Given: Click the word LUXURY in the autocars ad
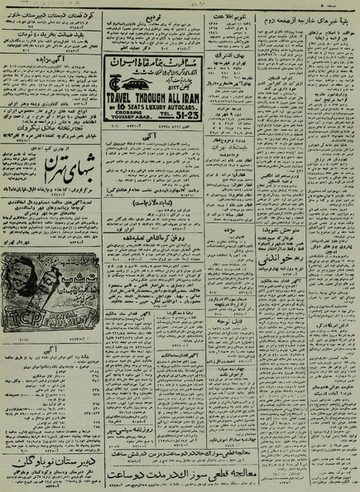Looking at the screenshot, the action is point(151,106).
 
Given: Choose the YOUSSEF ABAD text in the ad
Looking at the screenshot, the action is point(128,115).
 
